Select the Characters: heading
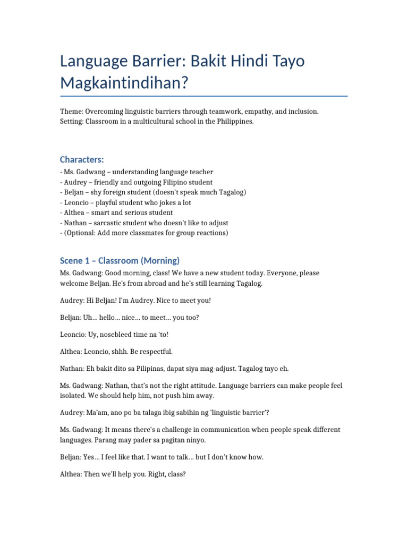pos(82,159)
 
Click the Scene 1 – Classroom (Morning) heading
pos(120,260)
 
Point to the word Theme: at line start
pos(72,112)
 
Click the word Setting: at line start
pos(73,122)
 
